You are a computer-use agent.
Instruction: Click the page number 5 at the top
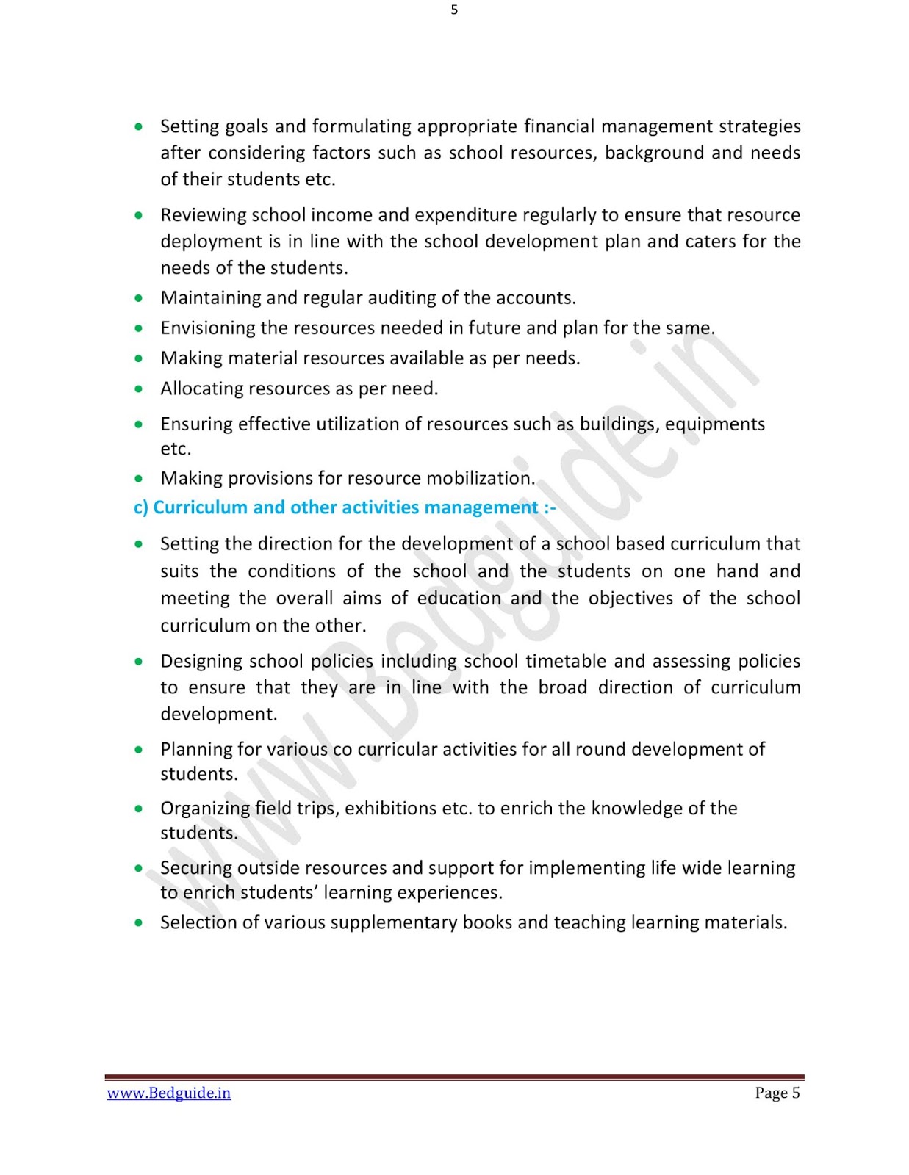[454, 10]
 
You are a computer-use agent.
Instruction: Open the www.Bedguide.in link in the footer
[169, 1093]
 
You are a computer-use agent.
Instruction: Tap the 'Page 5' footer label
[777, 1093]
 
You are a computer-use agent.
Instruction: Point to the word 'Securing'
[194, 868]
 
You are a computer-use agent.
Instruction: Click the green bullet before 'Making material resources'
[139, 358]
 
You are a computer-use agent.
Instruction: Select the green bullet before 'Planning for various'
[139, 750]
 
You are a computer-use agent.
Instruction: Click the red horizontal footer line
[454, 1077]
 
